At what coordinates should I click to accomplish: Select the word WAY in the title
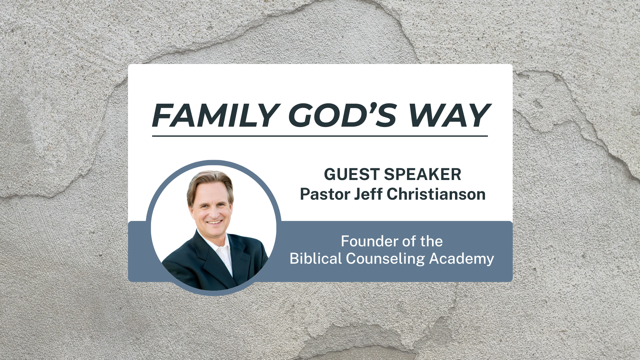click(450, 115)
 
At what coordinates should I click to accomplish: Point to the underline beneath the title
click(320, 136)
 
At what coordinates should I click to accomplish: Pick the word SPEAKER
click(423, 174)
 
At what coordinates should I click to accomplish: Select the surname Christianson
click(436, 194)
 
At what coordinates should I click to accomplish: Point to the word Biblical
click(316, 259)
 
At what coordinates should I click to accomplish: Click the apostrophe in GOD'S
click(371, 107)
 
